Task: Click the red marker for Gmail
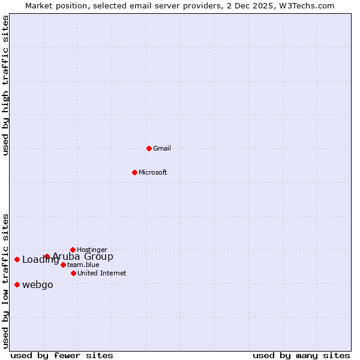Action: point(149,148)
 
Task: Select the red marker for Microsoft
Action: point(134,172)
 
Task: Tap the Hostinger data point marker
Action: point(73,250)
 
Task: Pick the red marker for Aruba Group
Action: point(47,257)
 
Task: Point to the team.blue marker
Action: point(63,265)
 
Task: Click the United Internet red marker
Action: point(73,273)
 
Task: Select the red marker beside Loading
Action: point(17,259)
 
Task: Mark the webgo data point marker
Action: point(17,284)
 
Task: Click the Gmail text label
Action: point(162,148)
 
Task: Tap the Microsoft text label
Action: point(153,172)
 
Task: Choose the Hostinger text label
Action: point(92,250)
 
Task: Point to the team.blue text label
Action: point(83,265)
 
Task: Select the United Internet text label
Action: point(102,273)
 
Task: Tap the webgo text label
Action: point(38,284)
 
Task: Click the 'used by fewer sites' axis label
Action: point(62,355)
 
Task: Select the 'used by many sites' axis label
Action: point(301,355)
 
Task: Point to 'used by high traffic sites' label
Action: point(5,85)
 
